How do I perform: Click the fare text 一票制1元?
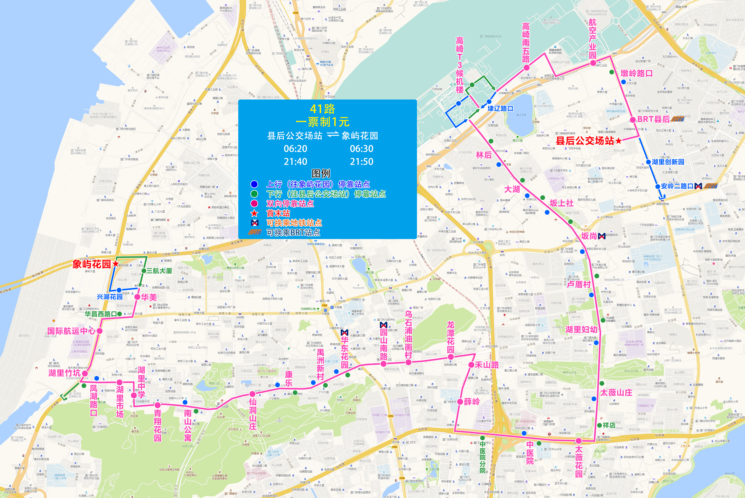coord(323,122)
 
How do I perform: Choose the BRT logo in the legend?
coord(254,232)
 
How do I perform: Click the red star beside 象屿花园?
coord(115,264)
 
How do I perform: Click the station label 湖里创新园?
coord(668,162)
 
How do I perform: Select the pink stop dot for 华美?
coord(137,297)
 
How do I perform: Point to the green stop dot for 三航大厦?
coord(144,271)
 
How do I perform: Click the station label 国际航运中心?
coord(71,331)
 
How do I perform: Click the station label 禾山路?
coord(487,365)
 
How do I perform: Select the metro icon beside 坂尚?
coord(601,236)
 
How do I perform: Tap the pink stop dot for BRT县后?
coord(633,120)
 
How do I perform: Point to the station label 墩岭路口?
coord(636,73)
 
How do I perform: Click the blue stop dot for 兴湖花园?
coord(119,290)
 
